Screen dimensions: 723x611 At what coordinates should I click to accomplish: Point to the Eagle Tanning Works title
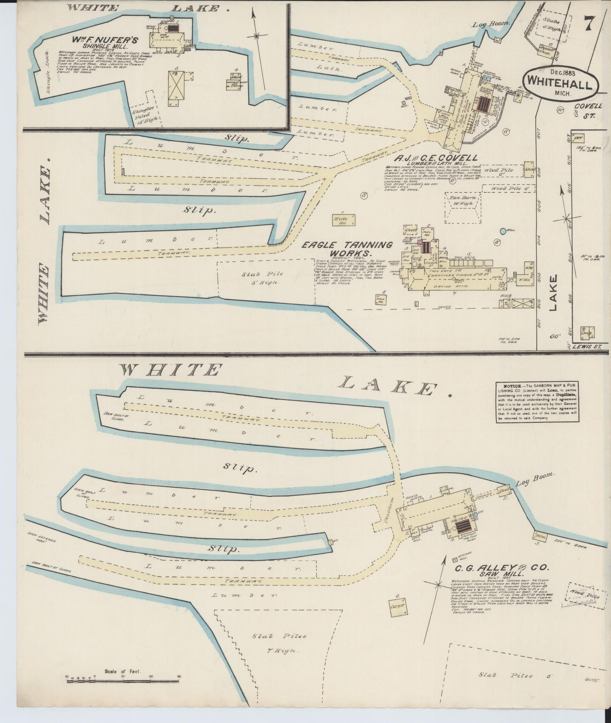pyautogui.click(x=348, y=250)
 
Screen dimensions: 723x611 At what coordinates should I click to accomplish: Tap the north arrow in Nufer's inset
pyautogui.click(x=256, y=36)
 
